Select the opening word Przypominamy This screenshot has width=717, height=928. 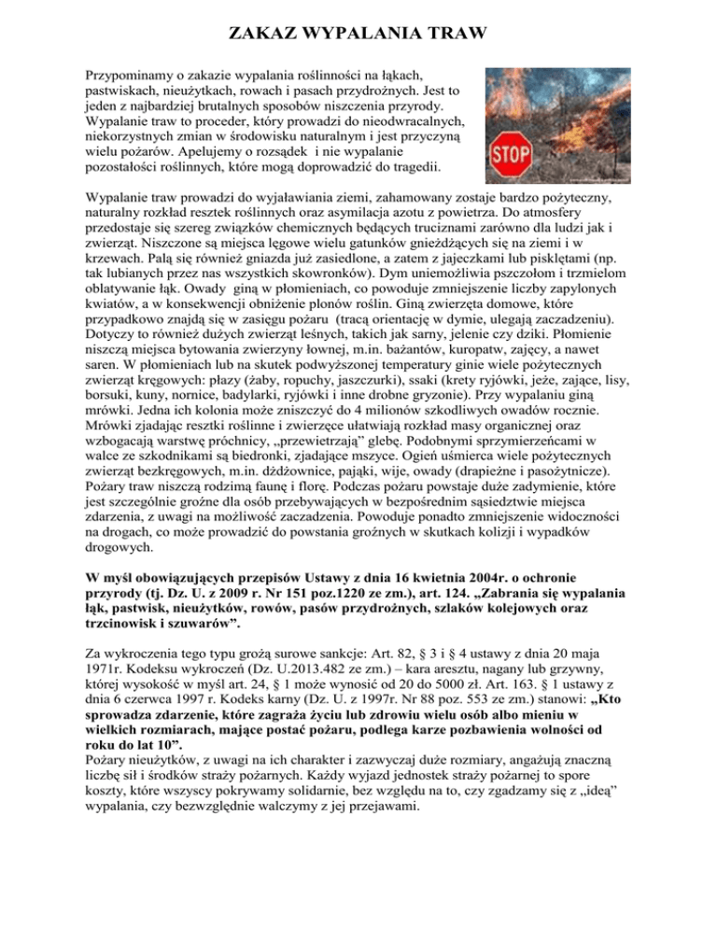[131, 74]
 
